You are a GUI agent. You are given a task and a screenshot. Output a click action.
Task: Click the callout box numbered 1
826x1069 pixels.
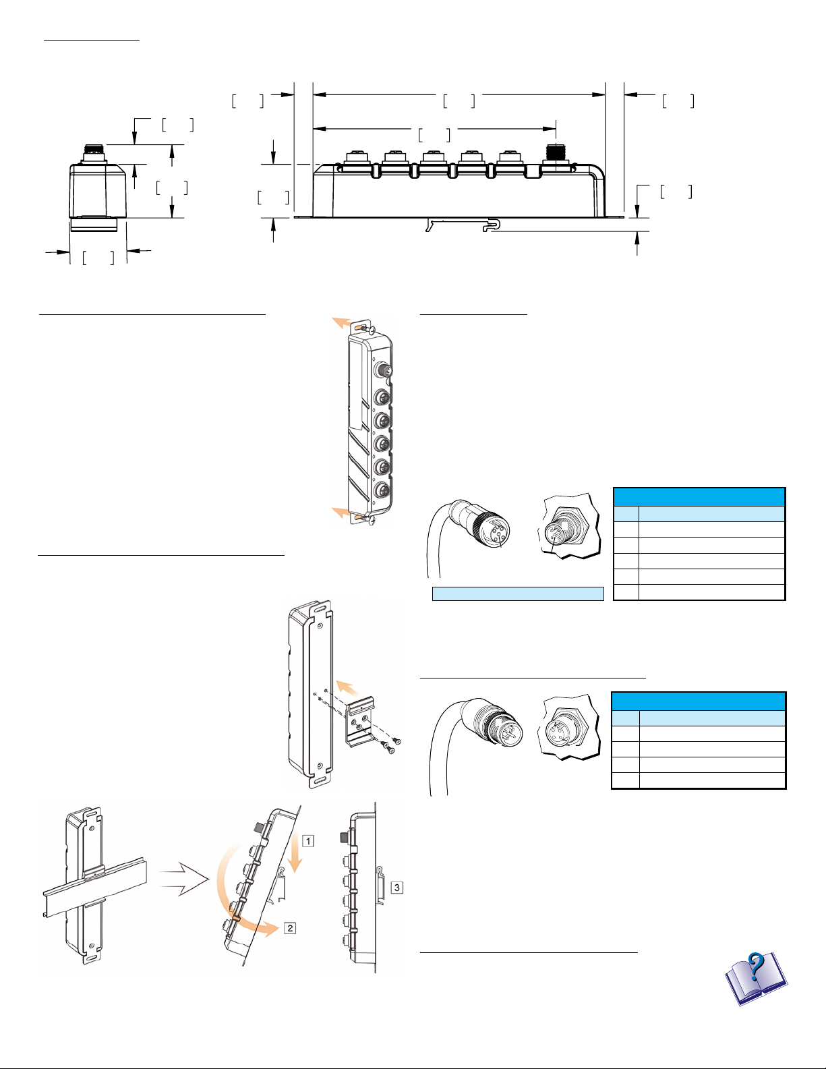pos(307,841)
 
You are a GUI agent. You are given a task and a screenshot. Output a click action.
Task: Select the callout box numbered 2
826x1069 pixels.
pos(290,928)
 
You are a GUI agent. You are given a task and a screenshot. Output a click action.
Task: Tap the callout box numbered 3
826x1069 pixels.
pos(398,888)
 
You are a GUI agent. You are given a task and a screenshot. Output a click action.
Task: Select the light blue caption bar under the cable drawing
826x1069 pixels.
pos(517,594)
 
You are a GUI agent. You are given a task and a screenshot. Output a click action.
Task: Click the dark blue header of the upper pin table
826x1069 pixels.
pos(699,496)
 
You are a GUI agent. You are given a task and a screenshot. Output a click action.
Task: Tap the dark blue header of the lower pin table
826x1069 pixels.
pos(699,701)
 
